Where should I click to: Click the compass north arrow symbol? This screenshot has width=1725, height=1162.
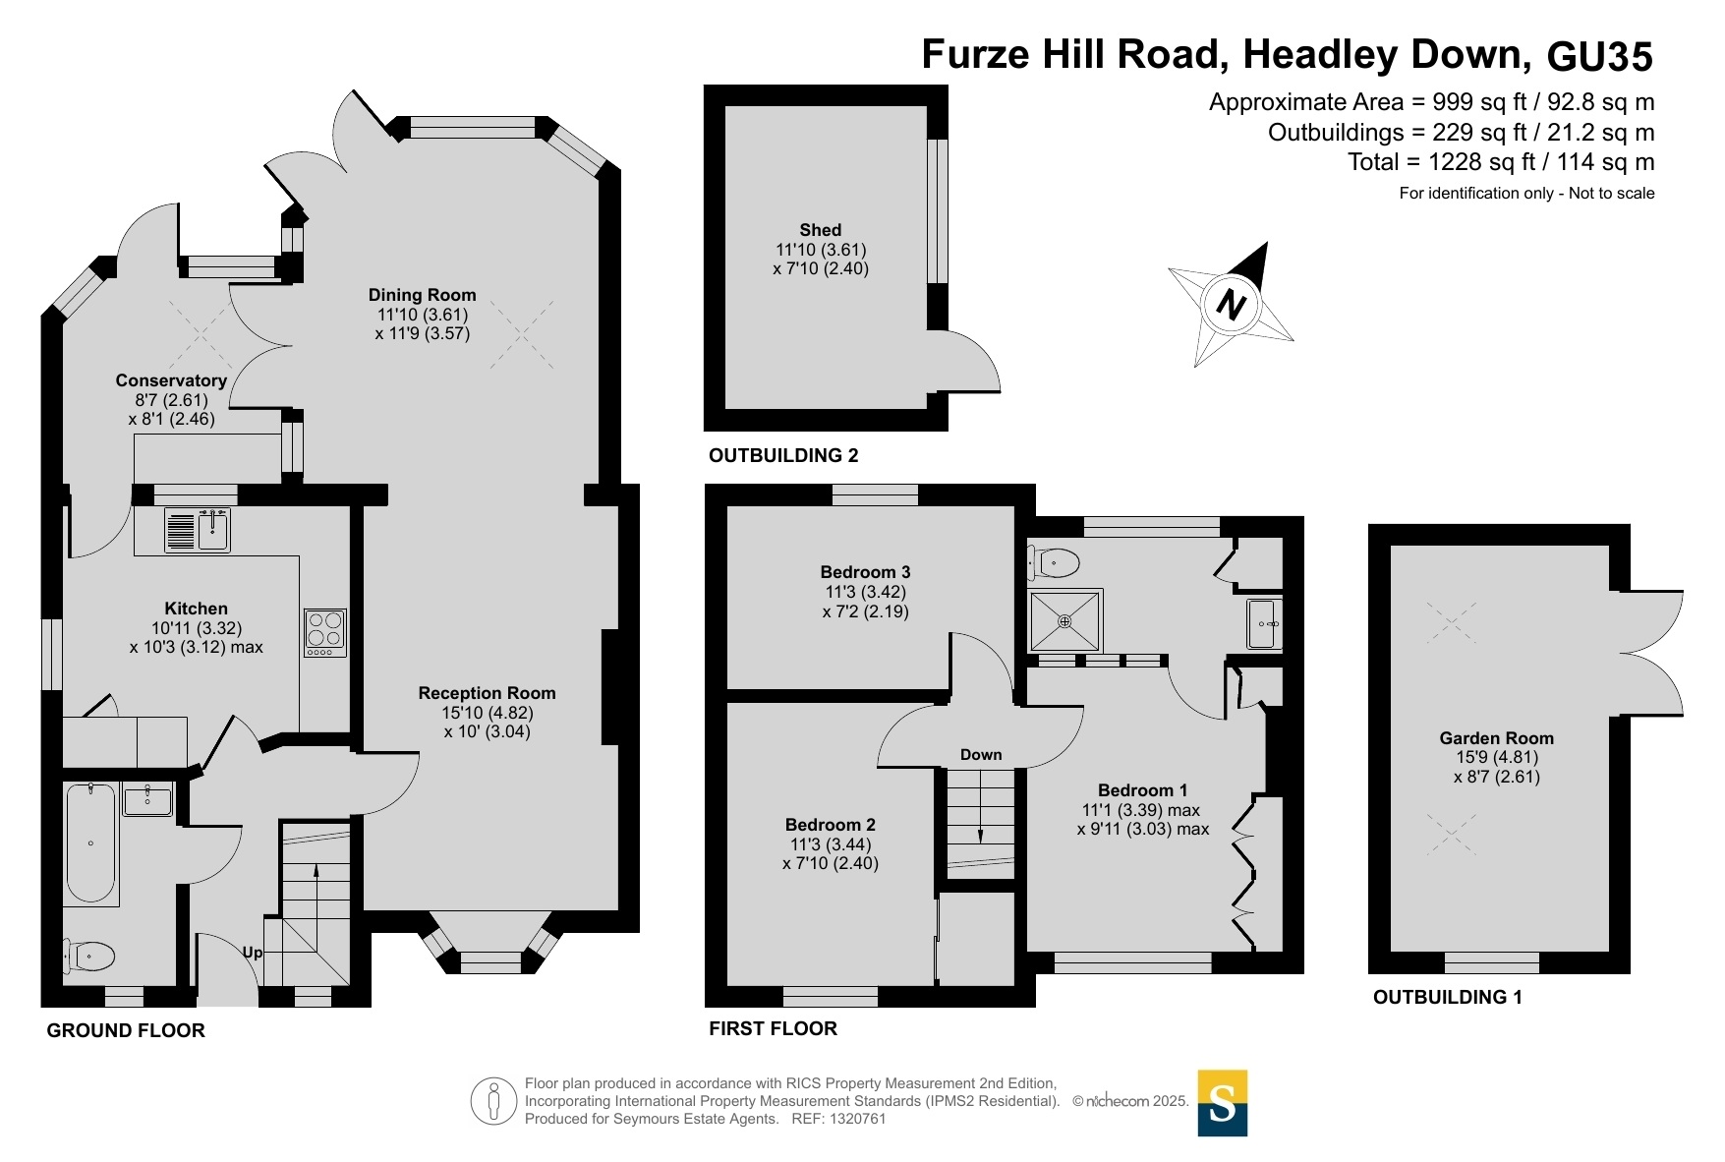(1231, 303)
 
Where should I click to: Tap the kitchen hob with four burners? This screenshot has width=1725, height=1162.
(324, 632)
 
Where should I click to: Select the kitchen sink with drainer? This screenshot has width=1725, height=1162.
(197, 530)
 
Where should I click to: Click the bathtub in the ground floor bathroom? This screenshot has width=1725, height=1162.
(90, 843)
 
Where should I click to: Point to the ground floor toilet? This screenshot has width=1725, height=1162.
(89, 955)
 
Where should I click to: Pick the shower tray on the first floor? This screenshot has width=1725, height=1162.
(1065, 620)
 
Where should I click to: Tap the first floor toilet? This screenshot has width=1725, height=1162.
(1053, 563)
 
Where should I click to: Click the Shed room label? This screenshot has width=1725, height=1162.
(821, 230)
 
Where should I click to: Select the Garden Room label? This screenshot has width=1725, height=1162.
(1496, 738)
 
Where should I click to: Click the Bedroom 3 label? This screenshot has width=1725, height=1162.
(865, 572)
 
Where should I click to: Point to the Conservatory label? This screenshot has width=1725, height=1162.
(171, 380)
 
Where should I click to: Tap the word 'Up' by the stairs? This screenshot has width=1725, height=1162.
(253, 953)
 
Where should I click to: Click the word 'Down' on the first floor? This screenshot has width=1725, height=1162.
(981, 755)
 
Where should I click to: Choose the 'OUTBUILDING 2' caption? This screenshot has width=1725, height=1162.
(783, 455)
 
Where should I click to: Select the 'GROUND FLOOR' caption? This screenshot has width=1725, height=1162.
(126, 1030)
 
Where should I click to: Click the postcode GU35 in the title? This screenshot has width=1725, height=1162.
(1600, 56)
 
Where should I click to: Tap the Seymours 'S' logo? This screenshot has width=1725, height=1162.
(1223, 1103)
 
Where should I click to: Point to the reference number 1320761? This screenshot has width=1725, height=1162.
(858, 1119)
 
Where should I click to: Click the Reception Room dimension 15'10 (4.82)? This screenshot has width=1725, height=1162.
(488, 713)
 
